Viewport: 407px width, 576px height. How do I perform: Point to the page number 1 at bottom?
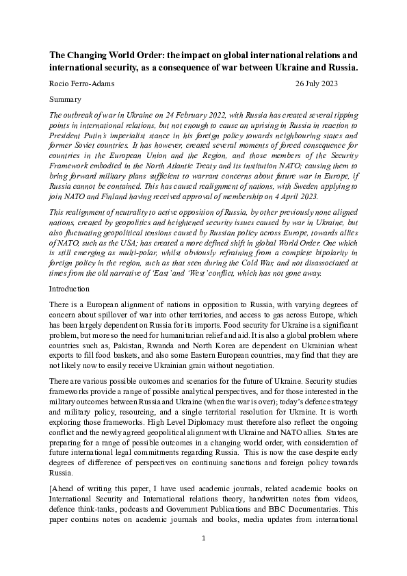(203, 558)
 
